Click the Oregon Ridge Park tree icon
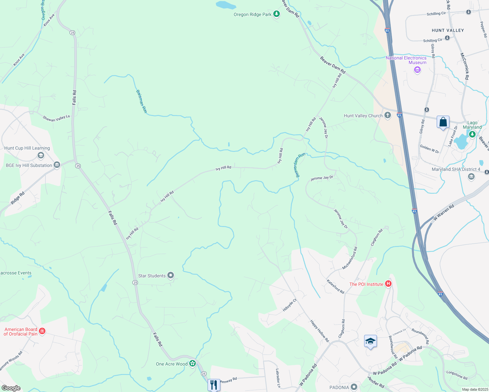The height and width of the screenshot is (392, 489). [277, 14]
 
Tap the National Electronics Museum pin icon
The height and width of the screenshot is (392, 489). [417, 70]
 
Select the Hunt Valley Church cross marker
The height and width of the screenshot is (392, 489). [388, 115]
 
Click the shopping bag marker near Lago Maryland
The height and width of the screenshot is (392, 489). [443, 122]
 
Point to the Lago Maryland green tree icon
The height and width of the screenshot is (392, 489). [472, 134]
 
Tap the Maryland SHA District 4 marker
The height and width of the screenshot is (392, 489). [471, 177]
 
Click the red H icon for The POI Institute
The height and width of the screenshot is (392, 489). [388, 284]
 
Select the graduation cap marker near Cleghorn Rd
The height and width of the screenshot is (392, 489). [370, 342]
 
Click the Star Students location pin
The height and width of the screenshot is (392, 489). [171, 276]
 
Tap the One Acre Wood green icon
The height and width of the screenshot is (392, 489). [193, 364]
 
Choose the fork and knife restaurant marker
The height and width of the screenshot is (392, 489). [214, 385]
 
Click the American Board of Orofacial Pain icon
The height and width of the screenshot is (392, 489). [42, 332]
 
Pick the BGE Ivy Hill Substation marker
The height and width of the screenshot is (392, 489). [57, 165]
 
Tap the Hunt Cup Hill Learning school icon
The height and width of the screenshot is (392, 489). [41, 155]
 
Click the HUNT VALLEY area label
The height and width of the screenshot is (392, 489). [447, 30]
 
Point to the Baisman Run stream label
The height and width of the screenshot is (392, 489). [141, 101]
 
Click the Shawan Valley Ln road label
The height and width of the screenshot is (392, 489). [56, 118]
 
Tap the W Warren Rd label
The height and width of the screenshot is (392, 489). [443, 212]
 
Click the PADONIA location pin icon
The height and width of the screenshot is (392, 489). [354, 387]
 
